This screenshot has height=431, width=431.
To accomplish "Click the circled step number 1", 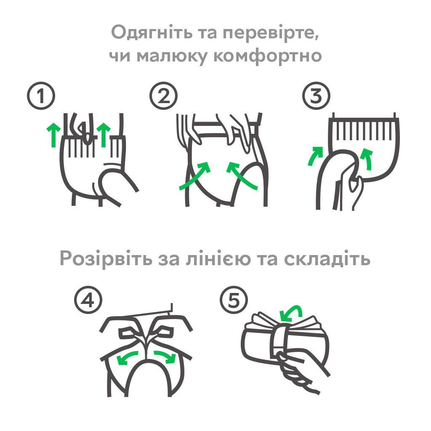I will [x=41, y=97].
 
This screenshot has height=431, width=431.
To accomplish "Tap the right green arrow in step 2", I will [x=242, y=175].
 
